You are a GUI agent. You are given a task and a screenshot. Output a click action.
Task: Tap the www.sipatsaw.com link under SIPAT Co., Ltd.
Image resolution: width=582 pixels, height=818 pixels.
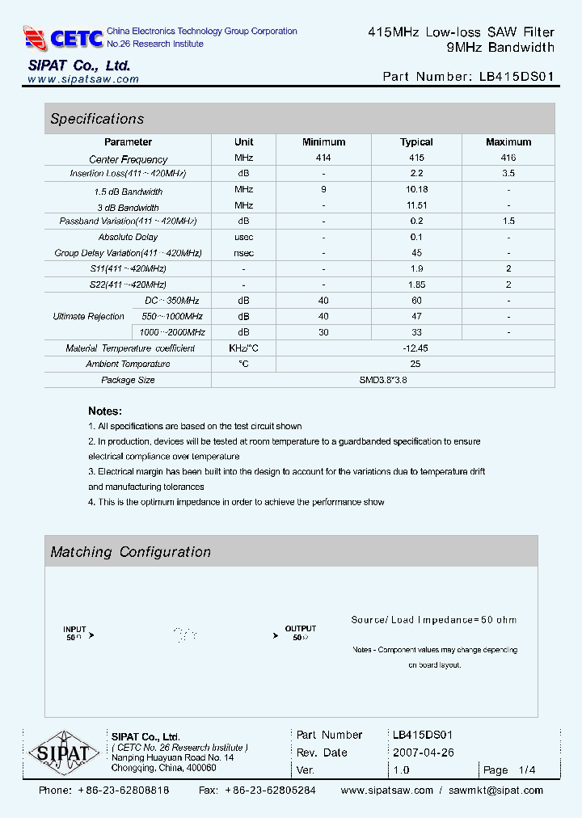point(83,79)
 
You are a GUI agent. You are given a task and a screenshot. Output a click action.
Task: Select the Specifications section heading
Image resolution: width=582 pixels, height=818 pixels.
point(97,119)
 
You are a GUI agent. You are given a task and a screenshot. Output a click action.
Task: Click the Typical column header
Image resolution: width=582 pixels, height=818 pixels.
point(416,142)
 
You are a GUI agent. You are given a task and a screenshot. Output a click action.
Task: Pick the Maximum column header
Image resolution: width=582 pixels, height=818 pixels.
point(508,142)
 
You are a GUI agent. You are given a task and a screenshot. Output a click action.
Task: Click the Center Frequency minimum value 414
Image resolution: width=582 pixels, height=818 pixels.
point(323,158)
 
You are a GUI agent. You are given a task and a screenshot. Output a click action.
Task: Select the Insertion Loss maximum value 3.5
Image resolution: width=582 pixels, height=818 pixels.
point(508,174)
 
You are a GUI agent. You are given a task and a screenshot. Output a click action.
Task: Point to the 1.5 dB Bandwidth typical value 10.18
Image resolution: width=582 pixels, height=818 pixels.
point(416,189)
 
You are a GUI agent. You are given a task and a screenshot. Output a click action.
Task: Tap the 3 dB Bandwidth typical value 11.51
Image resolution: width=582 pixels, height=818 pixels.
point(416,205)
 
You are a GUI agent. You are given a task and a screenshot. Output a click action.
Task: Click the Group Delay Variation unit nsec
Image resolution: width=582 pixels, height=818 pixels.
point(243,253)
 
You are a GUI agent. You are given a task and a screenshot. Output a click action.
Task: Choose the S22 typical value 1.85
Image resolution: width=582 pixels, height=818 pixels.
point(416,285)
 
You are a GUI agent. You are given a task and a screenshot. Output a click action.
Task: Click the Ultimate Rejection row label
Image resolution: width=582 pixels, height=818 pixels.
point(88,316)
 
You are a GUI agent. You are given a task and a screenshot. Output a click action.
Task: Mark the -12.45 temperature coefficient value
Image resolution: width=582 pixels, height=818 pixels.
point(416,348)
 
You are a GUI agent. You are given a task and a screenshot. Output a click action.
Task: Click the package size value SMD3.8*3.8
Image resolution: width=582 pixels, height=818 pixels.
point(383,380)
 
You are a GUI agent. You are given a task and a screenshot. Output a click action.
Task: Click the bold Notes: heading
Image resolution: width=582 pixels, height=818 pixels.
point(105,411)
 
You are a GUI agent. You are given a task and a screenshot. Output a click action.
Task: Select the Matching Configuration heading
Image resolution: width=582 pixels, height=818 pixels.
point(130,552)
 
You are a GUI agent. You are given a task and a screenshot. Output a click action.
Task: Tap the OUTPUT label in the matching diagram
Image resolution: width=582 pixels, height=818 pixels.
point(301,628)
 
